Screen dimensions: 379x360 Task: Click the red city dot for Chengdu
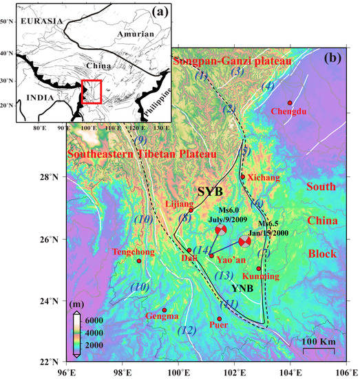click(290, 103)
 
